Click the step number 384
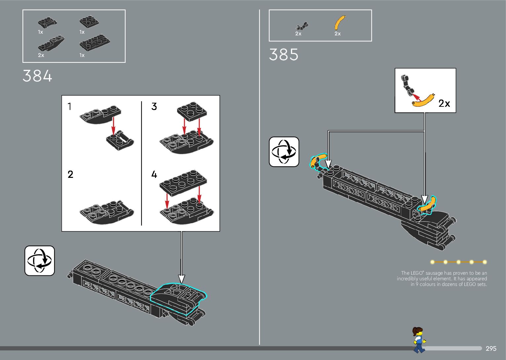pos(37,76)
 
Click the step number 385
pos(284,55)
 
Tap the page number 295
pos(491,348)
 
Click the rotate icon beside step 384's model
pos(40,260)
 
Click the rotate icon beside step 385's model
pos(284,152)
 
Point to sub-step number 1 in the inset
pos(69,106)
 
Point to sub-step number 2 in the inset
pos(70,174)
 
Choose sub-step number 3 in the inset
pos(154,106)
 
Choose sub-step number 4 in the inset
pos(154,174)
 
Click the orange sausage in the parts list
pos(339,23)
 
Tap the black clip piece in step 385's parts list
pos(301,26)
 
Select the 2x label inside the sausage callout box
pos(444,103)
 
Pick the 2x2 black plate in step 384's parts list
pos(89,22)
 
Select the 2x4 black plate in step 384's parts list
pos(95,43)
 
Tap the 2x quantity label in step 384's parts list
pos(41,55)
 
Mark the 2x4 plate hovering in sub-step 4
pos(183,182)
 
